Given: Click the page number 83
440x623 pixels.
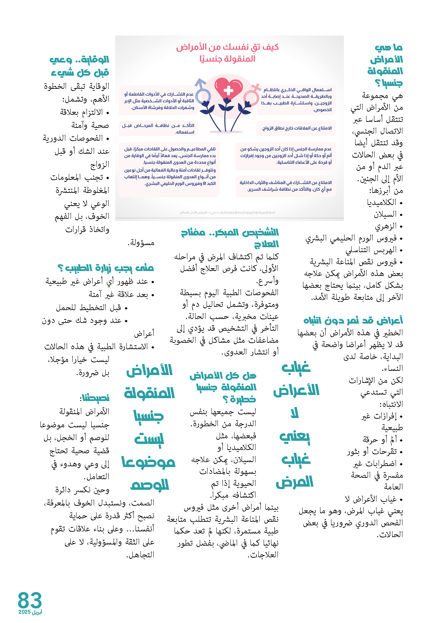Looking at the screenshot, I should click(30, 600).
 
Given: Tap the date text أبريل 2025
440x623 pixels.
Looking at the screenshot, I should click(30, 612).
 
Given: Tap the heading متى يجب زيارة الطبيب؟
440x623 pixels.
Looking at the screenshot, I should click(105, 268).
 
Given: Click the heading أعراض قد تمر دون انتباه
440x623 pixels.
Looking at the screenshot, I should click(353, 320).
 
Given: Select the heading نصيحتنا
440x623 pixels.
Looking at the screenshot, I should click(95, 398).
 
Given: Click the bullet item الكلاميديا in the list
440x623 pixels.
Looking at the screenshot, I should click(381, 202).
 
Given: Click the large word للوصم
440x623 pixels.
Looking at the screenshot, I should click(150, 485).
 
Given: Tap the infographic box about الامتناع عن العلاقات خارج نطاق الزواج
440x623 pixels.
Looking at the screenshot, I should click(296, 128).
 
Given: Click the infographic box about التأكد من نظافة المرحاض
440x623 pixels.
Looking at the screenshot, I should click(158, 129).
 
